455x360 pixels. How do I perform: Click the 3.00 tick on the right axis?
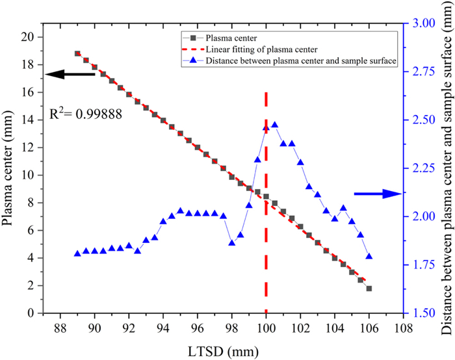point(422,23)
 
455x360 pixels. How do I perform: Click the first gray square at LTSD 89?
point(77,53)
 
